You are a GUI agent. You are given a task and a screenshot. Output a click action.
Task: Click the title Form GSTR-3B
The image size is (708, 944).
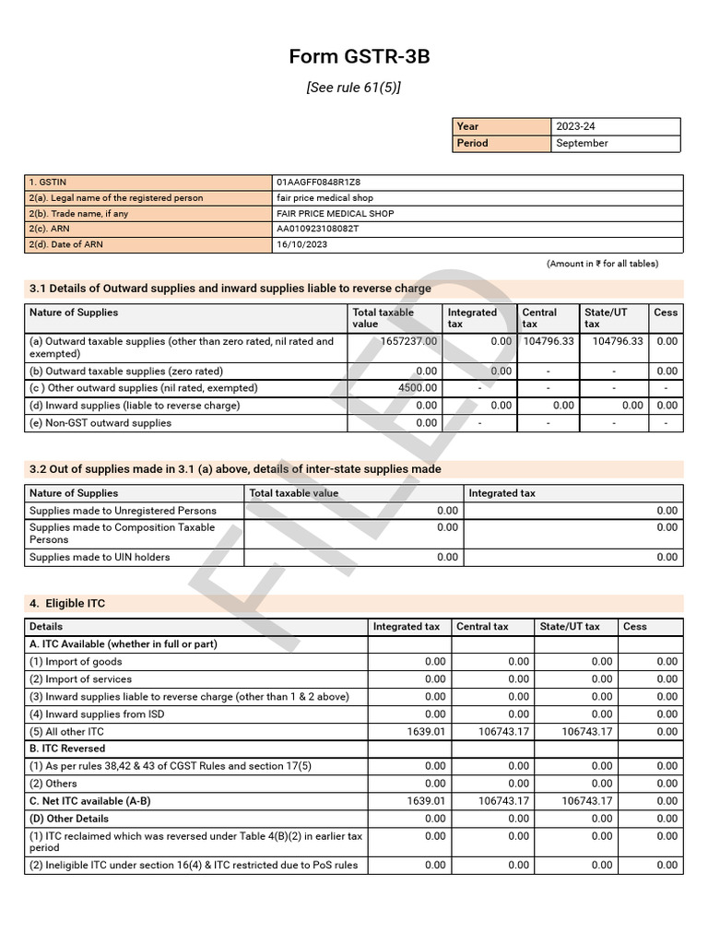point(359,57)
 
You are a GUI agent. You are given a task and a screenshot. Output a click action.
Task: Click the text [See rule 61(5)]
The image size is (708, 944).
point(354,88)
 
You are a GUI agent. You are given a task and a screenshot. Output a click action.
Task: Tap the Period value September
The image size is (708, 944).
point(583,143)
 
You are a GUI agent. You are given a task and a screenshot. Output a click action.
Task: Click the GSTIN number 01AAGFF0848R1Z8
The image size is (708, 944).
point(318,183)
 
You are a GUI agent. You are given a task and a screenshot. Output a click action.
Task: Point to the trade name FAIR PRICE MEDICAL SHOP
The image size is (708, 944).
point(335,214)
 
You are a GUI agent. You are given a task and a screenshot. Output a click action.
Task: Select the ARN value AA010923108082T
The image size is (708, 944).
point(317,229)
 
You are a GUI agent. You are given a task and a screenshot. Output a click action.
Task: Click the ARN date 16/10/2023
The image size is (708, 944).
point(301,244)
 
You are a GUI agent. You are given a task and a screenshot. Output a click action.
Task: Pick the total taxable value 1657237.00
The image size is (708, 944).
point(408,341)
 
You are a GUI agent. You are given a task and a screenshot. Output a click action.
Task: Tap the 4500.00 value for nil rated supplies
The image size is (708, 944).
point(418,388)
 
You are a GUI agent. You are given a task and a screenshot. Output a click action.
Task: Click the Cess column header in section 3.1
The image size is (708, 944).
point(666,313)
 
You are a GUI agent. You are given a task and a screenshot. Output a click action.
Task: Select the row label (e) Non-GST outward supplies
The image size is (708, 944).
point(100,423)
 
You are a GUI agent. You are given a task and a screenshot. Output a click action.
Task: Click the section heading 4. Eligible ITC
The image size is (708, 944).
point(67,604)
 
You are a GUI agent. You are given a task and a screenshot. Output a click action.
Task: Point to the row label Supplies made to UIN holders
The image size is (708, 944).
point(100,557)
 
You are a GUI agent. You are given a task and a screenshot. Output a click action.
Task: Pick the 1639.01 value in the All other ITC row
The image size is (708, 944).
point(426,731)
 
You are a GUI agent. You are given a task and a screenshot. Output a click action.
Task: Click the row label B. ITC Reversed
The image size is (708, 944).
point(67,749)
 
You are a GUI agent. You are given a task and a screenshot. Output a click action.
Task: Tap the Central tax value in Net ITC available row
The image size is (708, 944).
point(503,801)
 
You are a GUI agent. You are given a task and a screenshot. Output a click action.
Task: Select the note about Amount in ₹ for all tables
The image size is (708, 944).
point(602,264)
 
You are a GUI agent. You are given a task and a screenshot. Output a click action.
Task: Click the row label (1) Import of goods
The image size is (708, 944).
point(76,662)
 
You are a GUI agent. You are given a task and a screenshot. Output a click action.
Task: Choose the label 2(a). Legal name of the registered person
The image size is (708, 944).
point(116,198)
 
